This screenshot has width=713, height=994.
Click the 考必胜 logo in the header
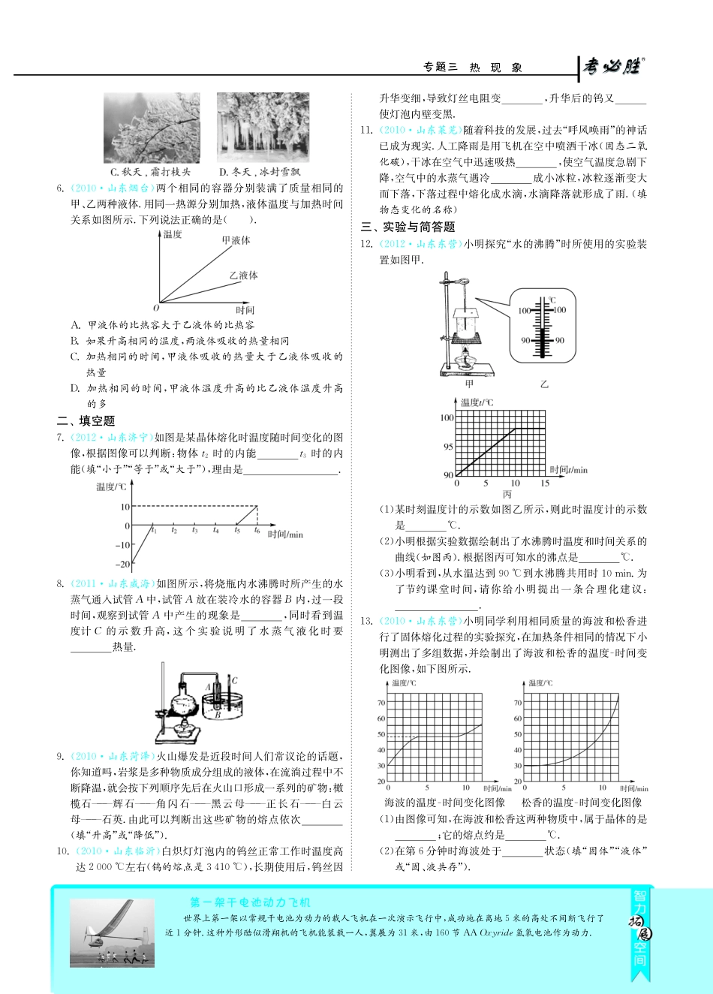(612, 66)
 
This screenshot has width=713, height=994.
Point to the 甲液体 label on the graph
(236, 240)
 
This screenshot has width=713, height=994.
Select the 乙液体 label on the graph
(243, 276)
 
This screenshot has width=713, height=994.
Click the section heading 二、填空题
(86, 420)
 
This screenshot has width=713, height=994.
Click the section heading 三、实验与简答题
(408, 227)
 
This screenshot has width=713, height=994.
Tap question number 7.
(61, 437)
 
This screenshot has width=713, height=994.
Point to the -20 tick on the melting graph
(122, 564)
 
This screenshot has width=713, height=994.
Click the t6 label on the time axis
(257, 531)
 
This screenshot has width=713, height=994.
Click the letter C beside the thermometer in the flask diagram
(234, 681)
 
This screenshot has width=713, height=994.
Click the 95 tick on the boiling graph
(448, 447)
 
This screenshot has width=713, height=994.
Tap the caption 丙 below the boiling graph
(507, 494)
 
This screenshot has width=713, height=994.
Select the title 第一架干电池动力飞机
(250, 902)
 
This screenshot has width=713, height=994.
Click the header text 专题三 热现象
(473, 68)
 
